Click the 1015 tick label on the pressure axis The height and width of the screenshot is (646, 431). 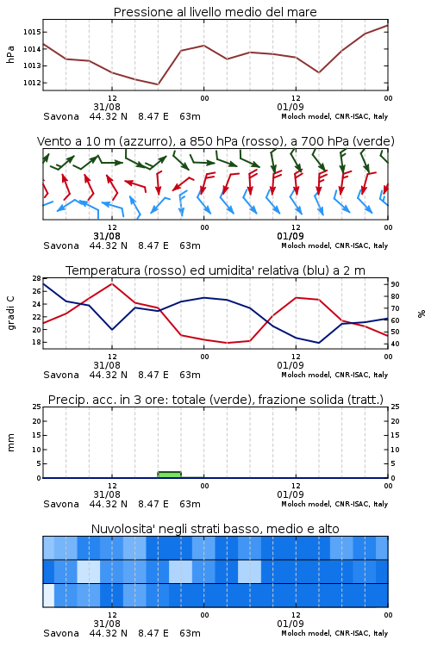(31, 32)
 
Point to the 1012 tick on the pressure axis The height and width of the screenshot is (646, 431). (31, 83)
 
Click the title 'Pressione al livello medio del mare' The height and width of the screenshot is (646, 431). (215, 12)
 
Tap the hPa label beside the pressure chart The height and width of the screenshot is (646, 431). (10, 54)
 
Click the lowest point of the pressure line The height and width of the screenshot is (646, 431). (158, 84)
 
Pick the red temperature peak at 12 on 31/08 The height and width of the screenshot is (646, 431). (112, 283)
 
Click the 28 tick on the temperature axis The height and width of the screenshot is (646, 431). (37, 278)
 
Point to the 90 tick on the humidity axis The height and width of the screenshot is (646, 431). (395, 284)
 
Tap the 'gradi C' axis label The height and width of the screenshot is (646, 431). (11, 313)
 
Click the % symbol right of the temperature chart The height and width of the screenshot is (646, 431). (422, 314)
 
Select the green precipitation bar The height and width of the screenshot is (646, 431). (170, 475)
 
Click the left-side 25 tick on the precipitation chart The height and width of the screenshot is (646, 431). (37, 407)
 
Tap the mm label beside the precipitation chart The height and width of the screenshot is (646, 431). (10, 442)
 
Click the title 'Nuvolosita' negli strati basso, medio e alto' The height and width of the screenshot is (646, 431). (215, 529)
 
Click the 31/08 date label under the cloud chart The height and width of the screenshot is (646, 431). (107, 624)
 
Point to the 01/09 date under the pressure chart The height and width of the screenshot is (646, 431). (290, 107)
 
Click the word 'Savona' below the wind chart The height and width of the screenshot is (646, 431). (61, 245)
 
